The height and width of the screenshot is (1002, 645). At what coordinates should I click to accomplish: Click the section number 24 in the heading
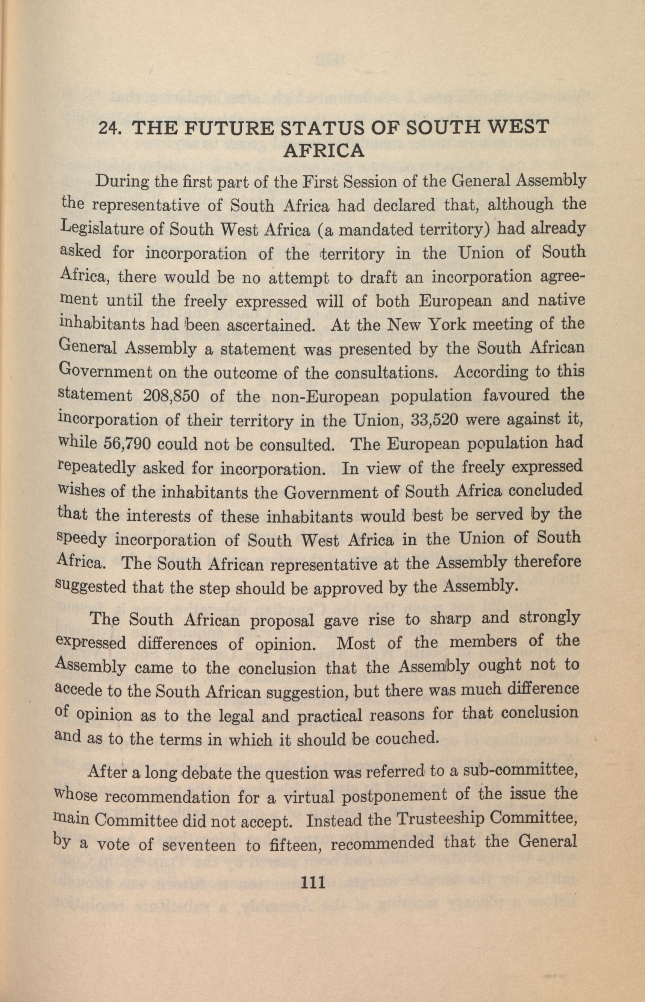108,128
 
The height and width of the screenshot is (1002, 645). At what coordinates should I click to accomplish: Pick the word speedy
81,540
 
